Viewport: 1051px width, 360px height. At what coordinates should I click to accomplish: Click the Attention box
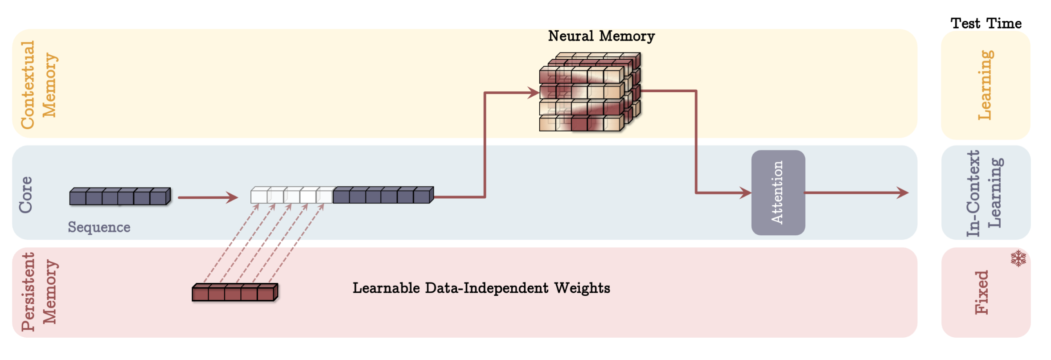(x=778, y=192)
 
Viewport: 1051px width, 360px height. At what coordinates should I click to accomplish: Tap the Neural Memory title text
(x=601, y=36)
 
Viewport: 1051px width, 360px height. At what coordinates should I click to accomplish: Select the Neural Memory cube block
(x=590, y=92)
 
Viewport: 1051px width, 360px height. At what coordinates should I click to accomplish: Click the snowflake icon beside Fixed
(x=1018, y=258)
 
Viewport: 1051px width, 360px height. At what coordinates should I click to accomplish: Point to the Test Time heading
(x=986, y=23)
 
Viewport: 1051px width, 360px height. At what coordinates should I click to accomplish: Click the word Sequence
(x=99, y=227)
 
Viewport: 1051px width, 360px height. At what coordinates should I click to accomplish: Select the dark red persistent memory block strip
(x=235, y=292)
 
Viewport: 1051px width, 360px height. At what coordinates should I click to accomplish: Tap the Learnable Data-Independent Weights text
(x=481, y=288)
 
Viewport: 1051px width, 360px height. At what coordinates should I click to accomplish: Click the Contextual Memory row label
(x=39, y=85)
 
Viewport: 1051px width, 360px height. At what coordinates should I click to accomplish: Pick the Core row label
(x=25, y=195)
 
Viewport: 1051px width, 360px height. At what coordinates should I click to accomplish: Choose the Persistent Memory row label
(x=39, y=292)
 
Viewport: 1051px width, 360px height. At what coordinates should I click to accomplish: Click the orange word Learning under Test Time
(x=985, y=85)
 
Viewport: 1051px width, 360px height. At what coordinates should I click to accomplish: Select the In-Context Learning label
(x=985, y=193)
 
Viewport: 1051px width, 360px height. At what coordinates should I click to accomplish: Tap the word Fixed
(x=982, y=292)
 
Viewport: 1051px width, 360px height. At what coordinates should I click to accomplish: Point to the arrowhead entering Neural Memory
(x=534, y=93)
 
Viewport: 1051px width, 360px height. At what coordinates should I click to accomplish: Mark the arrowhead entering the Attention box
(x=746, y=193)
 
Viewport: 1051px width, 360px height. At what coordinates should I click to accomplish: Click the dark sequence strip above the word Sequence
(x=120, y=196)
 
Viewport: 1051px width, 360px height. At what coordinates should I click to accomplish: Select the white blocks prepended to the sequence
(x=291, y=195)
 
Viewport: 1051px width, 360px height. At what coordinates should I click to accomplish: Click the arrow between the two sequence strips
(x=208, y=197)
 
